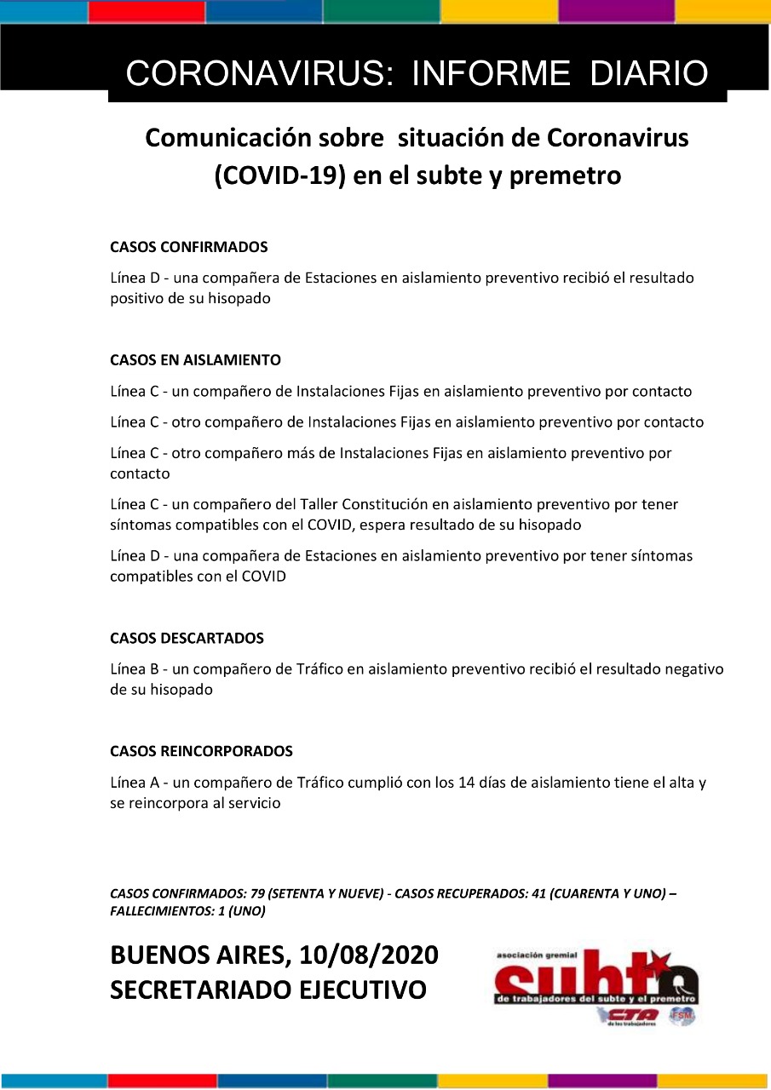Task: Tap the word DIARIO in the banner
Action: tap(649, 74)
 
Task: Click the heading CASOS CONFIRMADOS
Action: tap(189, 247)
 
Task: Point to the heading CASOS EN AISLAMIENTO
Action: tap(195, 360)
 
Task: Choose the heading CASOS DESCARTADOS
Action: tap(187, 638)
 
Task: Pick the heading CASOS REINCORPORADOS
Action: tap(201, 751)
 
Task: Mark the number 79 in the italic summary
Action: tap(259, 894)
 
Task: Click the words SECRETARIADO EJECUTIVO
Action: tap(268, 990)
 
